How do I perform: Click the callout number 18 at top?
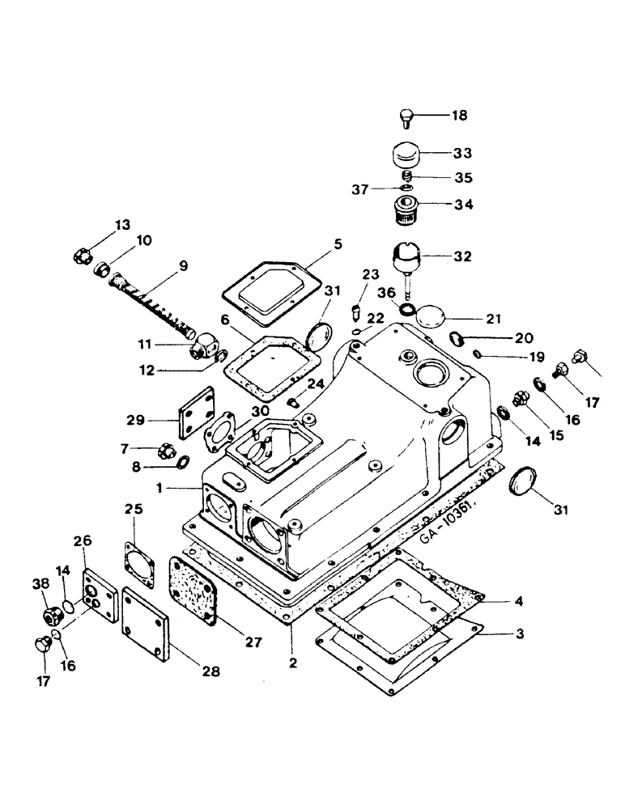(459, 116)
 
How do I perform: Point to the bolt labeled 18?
(406, 119)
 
